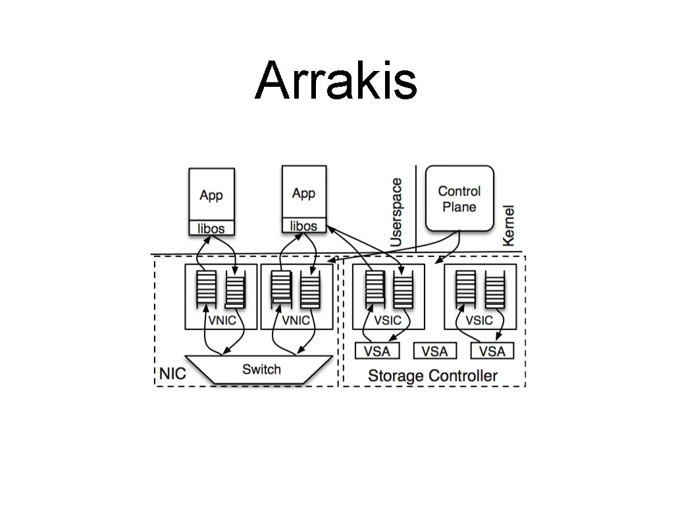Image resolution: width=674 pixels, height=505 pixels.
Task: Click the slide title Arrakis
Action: (x=336, y=81)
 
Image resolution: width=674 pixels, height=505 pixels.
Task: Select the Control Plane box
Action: (x=459, y=198)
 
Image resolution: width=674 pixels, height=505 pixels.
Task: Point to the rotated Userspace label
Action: (x=396, y=212)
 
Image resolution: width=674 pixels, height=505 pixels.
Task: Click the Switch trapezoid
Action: (x=261, y=369)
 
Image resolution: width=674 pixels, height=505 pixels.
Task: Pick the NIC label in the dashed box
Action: (x=172, y=374)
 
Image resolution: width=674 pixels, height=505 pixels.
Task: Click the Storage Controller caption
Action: (x=432, y=376)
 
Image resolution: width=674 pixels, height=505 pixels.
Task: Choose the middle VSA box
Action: (x=434, y=351)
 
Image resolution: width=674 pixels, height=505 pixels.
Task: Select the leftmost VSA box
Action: (x=376, y=351)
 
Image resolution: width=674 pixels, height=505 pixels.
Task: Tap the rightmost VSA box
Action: (x=492, y=351)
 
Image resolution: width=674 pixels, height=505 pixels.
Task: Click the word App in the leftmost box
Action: (x=211, y=195)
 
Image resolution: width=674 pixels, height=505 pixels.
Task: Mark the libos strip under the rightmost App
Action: (x=303, y=226)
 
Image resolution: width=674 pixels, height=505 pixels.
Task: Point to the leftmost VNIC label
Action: (x=220, y=320)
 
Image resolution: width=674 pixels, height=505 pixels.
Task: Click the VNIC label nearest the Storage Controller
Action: (x=296, y=320)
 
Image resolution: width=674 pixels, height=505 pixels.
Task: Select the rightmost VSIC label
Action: (x=479, y=320)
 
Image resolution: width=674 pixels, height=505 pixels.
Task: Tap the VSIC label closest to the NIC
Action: (x=387, y=320)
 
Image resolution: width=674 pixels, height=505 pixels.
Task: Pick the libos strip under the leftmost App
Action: (x=211, y=228)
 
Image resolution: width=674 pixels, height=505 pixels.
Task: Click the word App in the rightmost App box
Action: (x=303, y=193)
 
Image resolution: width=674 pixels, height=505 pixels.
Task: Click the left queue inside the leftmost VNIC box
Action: (x=206, y=289)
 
